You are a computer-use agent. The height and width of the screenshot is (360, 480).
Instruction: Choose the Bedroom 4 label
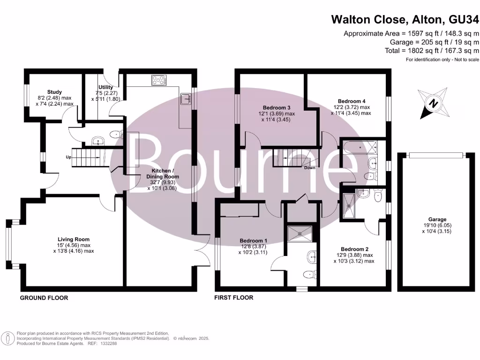click(x=352, y=101)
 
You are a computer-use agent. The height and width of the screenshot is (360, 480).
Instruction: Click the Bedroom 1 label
click(x=255, y=240)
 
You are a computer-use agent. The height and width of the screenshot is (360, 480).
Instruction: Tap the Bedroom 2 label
click(x=355, y=249)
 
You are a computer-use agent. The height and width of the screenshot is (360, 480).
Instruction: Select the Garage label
click(x=437, y=219)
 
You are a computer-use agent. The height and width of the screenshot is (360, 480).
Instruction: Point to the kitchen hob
click(x=159, y=80)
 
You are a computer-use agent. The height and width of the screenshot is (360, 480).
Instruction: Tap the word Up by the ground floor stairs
click(x=68, y=157)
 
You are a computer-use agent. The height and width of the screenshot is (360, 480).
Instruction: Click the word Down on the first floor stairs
click(x=309, y=167)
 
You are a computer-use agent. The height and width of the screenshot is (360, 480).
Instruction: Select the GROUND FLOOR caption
click(x=44, y=298)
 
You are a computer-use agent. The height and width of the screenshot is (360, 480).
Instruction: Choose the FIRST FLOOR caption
click(x=233, y=298)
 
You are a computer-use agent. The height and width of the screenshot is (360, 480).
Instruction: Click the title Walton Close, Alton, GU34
click(x=405, y=19)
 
